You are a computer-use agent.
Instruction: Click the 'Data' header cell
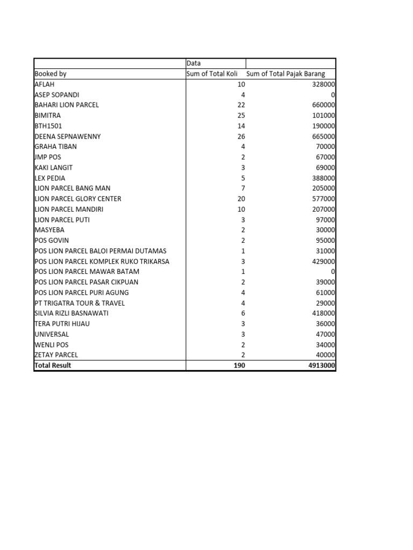point(194,63)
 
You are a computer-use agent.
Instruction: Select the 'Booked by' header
point(51,74)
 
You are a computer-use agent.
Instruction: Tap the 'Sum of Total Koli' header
point(213,74)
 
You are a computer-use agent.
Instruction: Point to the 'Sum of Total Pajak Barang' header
point(286,74)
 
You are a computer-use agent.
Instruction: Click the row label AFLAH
point(45,84)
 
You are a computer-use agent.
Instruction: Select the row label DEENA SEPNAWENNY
point(67,136)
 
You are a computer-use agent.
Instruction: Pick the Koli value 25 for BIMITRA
point(241,115)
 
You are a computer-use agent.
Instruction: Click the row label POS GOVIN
point(52,241)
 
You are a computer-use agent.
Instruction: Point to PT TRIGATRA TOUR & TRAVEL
point(80,303)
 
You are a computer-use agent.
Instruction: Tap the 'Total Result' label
point(53,365)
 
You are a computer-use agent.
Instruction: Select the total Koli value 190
point(239,365)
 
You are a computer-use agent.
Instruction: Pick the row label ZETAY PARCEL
point(56,355)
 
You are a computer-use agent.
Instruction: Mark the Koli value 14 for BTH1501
point(241,126)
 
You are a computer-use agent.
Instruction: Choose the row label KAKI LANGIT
point(53,168)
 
